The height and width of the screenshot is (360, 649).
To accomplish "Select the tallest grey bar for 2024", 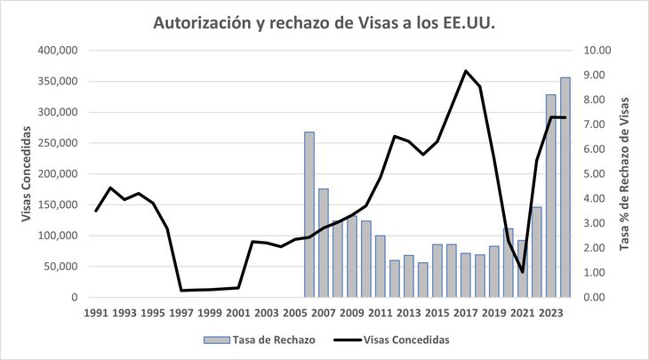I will coord(565,188).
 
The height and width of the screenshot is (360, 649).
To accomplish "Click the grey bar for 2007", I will coord(324,243).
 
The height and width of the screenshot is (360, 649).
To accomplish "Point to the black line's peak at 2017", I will coord(466,71).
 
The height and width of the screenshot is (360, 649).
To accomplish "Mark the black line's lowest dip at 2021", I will coord(523,272).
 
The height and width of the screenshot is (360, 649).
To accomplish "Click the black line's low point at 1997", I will coord(181,290).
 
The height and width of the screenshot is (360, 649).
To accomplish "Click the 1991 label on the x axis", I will coord(96,313).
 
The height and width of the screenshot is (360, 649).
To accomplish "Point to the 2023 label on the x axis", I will coord(549,313).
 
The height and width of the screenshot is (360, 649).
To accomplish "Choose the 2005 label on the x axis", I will coord(294,313).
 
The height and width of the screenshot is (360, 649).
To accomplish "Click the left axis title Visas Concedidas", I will coord(27,174).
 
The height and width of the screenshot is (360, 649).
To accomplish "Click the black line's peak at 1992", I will coord(110,188).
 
